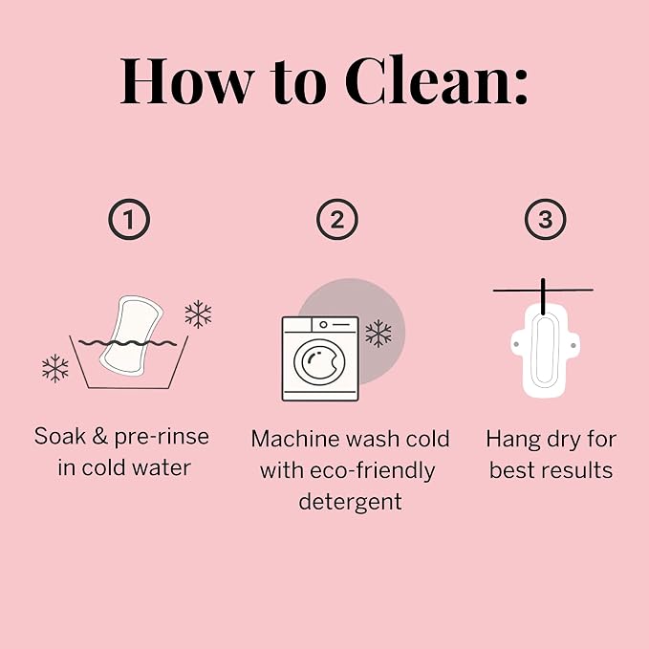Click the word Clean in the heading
[429, 80]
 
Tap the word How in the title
[187, 81]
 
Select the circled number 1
[129, 220]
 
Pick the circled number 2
[337, 220]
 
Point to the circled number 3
[546, 220]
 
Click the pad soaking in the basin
[130, 335]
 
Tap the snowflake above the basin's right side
[198, 314]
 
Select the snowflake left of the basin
[55, 368]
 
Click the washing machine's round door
[319, 361]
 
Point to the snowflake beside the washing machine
[379, 334]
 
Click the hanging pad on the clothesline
[545, 352]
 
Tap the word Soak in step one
[60, 436]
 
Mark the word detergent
[350, 503]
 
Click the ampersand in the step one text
[99, 436]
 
